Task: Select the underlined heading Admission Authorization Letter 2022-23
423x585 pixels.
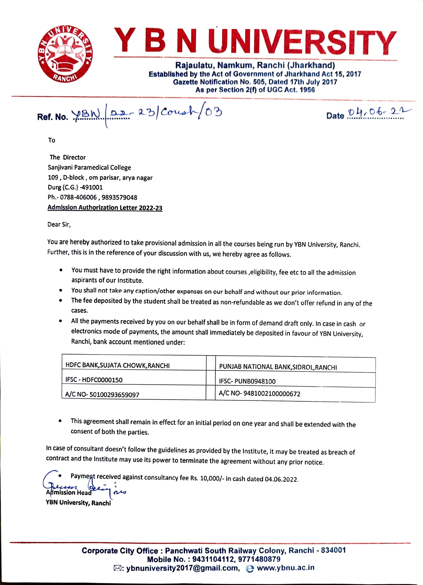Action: (105, 208)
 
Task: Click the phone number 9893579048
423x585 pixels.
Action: (119, 197)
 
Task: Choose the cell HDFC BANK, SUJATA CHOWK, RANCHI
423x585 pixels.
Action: (117, 365)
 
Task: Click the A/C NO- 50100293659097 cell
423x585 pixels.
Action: (102, 395)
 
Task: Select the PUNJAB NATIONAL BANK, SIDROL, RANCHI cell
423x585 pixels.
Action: (278, 367)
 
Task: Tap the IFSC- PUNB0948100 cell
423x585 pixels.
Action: (247, 381)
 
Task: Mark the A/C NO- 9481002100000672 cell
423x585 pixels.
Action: (259, 394)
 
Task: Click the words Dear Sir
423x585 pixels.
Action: (59, 224)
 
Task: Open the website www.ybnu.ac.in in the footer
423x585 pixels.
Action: (285, 568)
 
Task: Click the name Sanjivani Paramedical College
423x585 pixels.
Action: (89, 168)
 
